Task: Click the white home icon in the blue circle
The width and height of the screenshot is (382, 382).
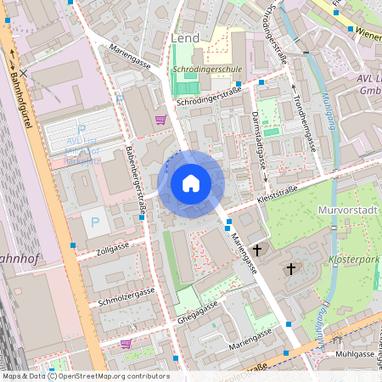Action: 191,183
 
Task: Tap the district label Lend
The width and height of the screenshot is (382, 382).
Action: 185,38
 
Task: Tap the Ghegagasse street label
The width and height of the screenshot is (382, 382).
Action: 205,318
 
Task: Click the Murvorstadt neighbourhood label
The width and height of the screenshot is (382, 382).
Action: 346,210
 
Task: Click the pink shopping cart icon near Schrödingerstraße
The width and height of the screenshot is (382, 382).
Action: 160,120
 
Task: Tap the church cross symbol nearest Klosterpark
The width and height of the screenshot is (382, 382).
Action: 292,269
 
